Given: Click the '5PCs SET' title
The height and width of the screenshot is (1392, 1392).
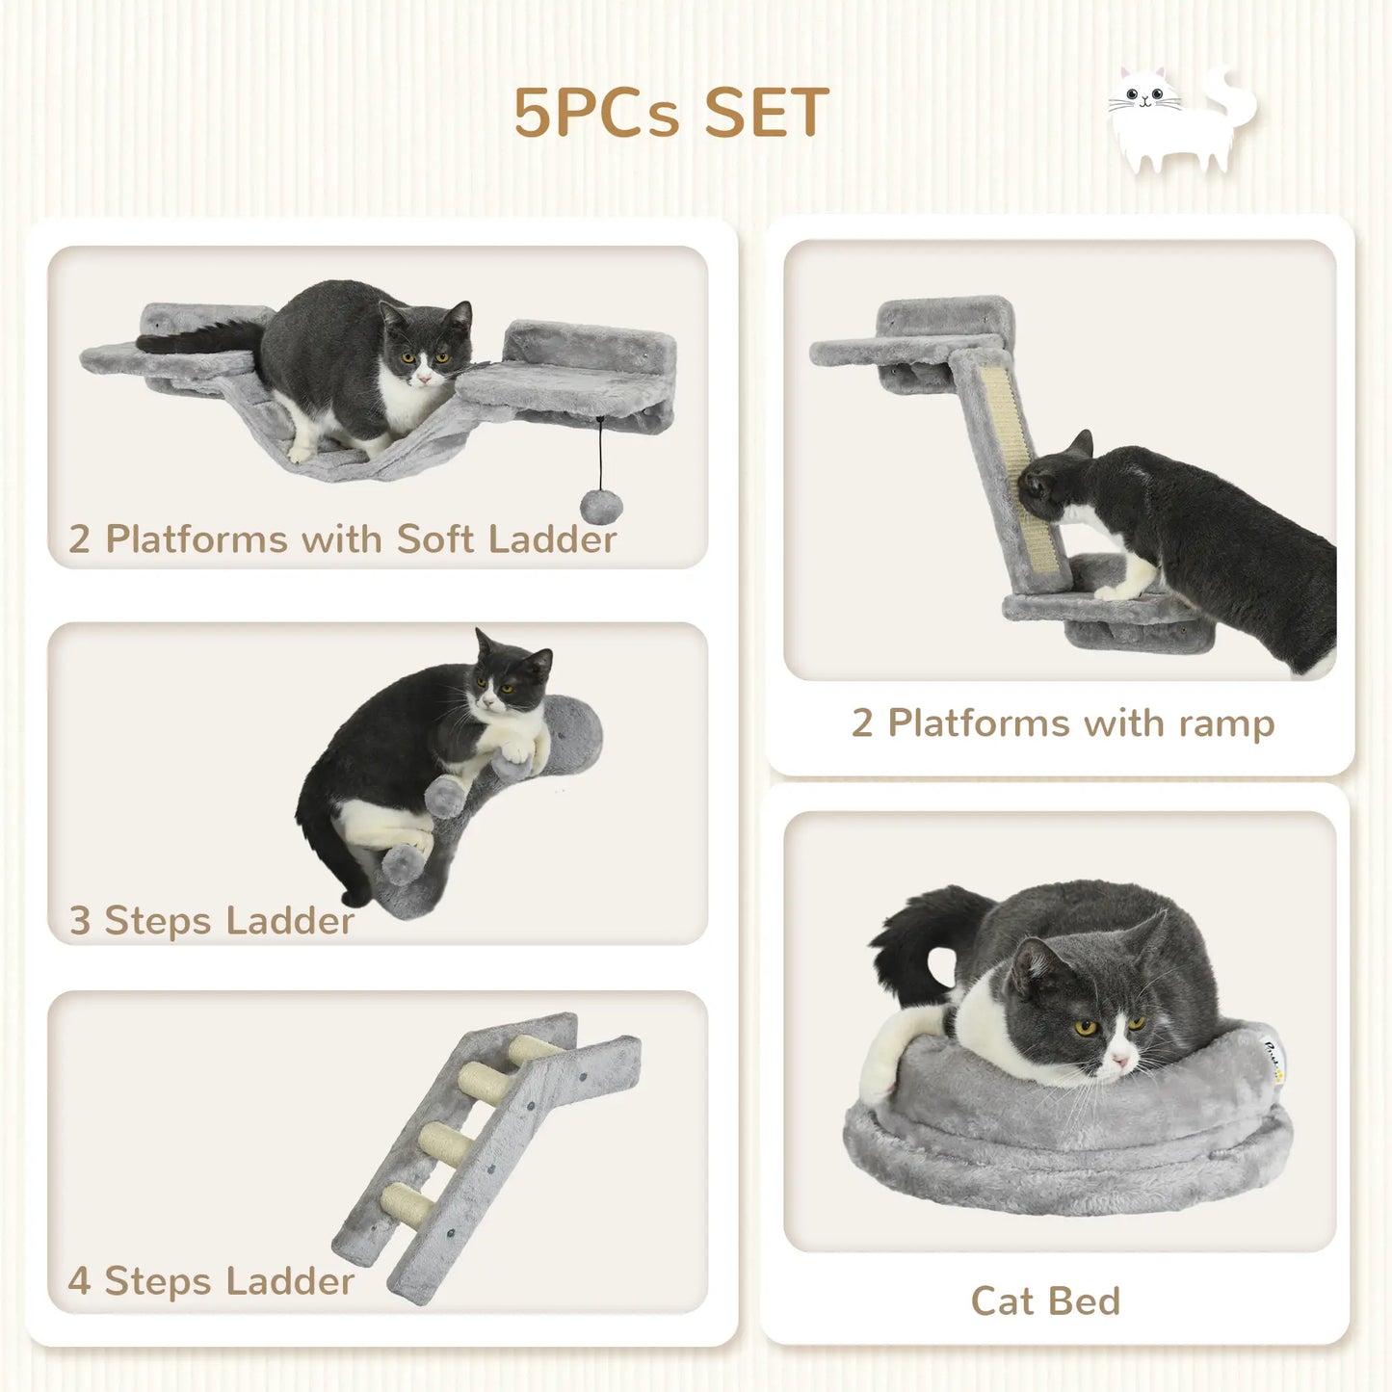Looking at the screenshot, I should [670, 113].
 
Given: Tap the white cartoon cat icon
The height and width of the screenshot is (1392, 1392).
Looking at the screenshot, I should [1180, 120].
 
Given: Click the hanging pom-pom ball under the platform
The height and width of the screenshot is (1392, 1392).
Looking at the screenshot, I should [602, 504].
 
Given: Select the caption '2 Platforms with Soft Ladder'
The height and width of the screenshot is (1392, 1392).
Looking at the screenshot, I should [342, 539].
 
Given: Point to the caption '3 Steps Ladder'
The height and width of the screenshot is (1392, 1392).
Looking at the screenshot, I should [211, 921].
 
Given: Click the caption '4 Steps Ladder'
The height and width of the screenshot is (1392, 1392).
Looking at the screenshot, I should [211, 1281].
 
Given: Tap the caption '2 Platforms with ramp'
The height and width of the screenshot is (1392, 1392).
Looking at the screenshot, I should [1063, 722].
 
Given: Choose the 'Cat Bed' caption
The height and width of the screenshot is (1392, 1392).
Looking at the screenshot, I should [1045, 1300].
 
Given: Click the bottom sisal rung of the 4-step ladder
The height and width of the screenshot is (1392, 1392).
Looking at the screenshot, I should [407, 1201].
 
